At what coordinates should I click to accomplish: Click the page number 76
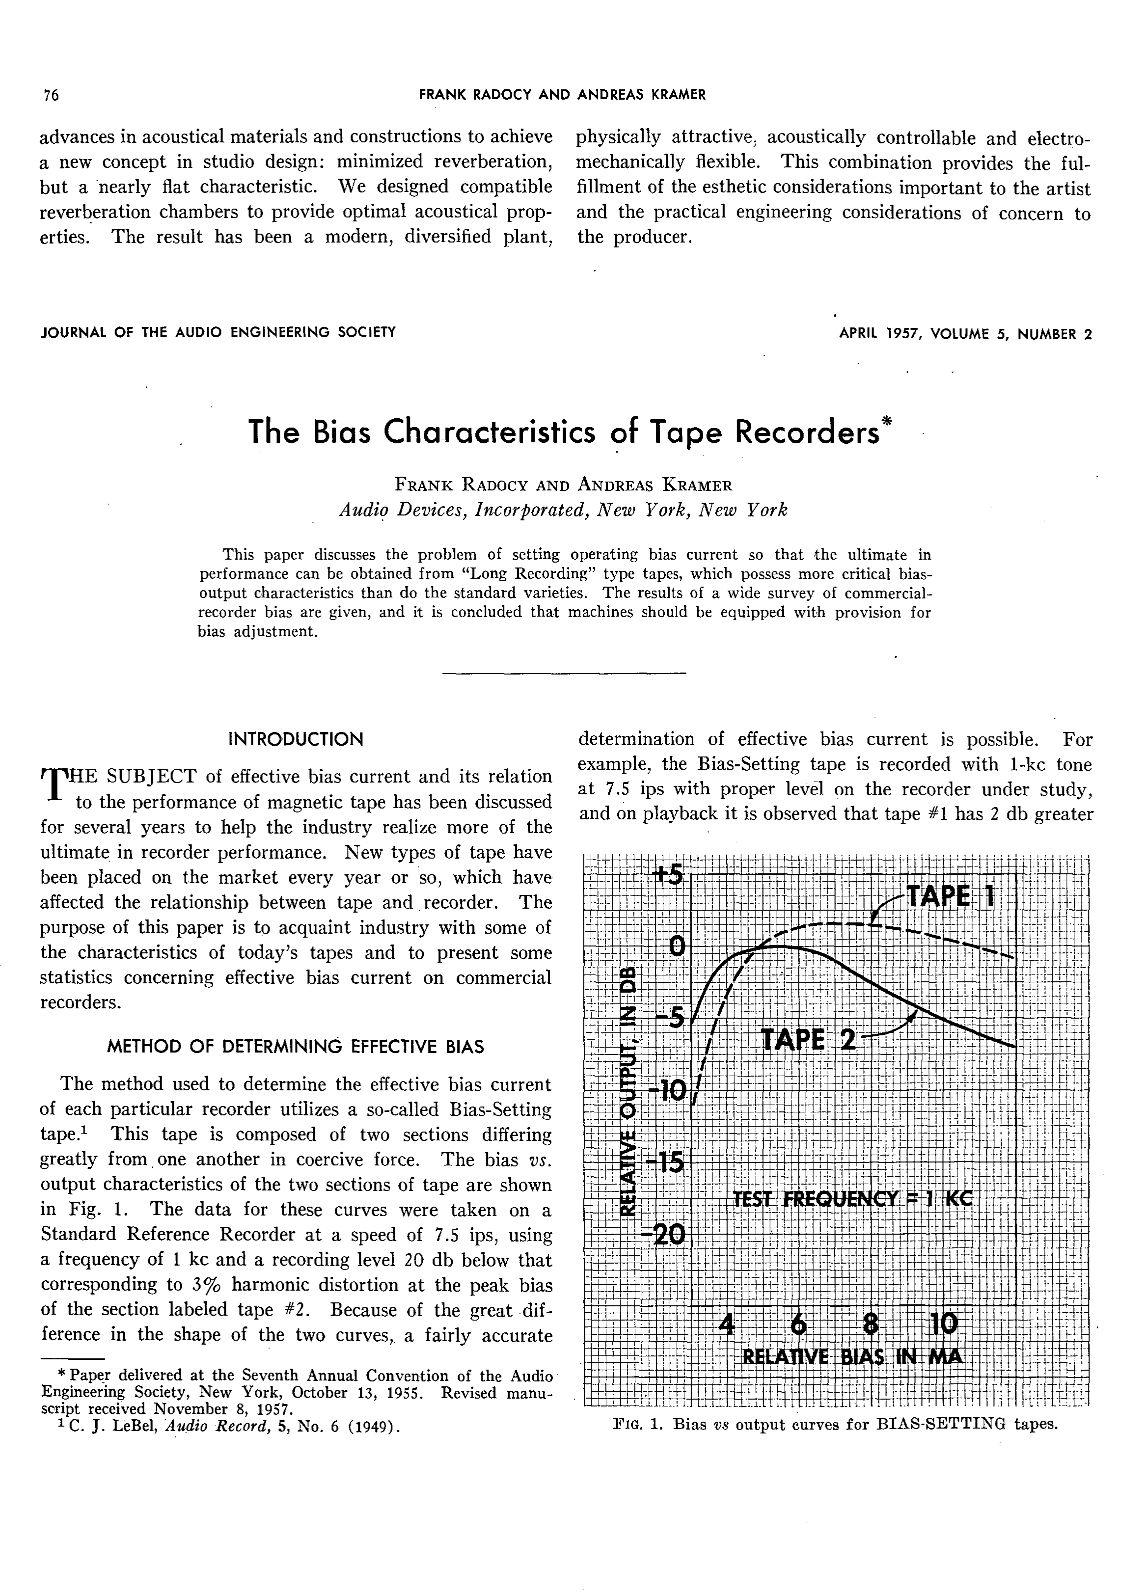coord(51,96)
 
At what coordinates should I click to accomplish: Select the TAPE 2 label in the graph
coord(809,1039)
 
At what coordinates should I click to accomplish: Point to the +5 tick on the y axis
coord(667,876)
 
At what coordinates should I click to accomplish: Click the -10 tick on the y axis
coord(666,1091)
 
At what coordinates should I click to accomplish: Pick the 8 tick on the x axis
coord(871,1325)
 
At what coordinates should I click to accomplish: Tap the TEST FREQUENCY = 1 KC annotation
coord(852,1198)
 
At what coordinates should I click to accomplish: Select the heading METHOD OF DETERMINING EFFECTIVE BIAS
coord(295,1047)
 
